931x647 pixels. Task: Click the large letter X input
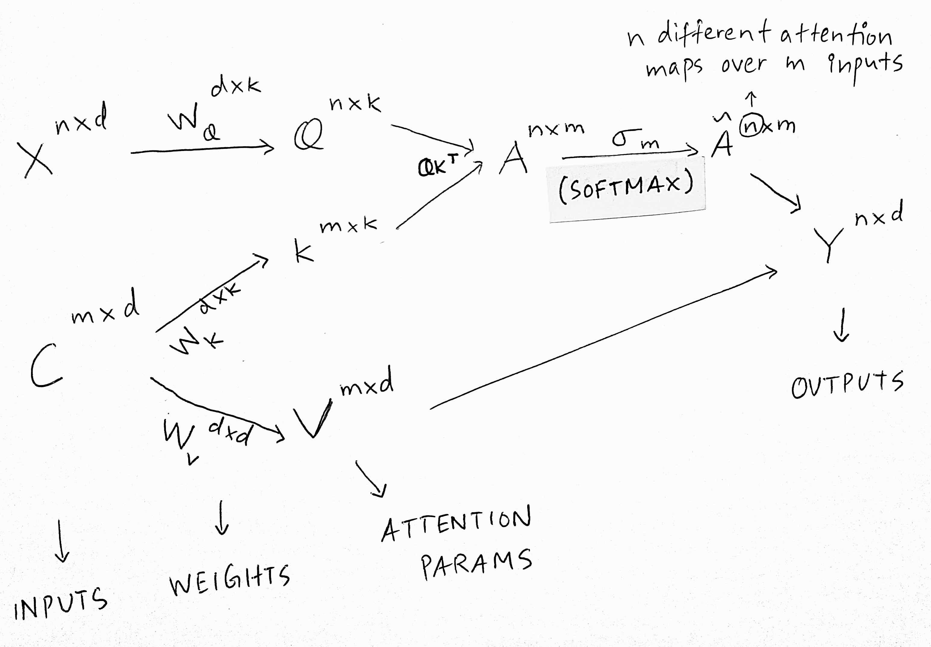click(x=38, y=159)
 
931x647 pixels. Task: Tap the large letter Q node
click(x=309, y=135)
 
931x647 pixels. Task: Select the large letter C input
click(x=45, y=365)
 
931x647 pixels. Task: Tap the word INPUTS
click(x=61, y=603)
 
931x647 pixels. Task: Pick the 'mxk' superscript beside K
click(x=349, y=225)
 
